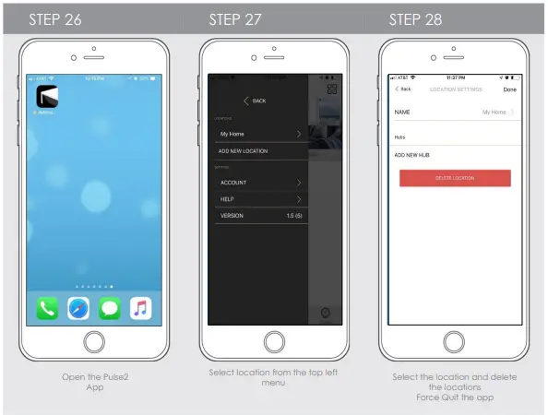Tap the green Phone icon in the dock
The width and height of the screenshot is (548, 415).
pyautogui.click(x=48, y=308)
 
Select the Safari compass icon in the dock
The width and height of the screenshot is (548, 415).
pyautogui.click(x=78, y=308)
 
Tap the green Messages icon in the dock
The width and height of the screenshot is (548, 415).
pyautogui.click(x=109, y=308)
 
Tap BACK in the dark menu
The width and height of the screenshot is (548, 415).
pyautogui.click(x=255, y=101)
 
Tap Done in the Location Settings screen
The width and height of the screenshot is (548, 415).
pyautogui.click(x=509, y=89)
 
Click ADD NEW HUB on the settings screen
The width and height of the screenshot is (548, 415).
pyautogui.click(x=413, y=155)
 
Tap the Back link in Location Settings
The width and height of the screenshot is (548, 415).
pyautogui.click(x=403, y=89)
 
